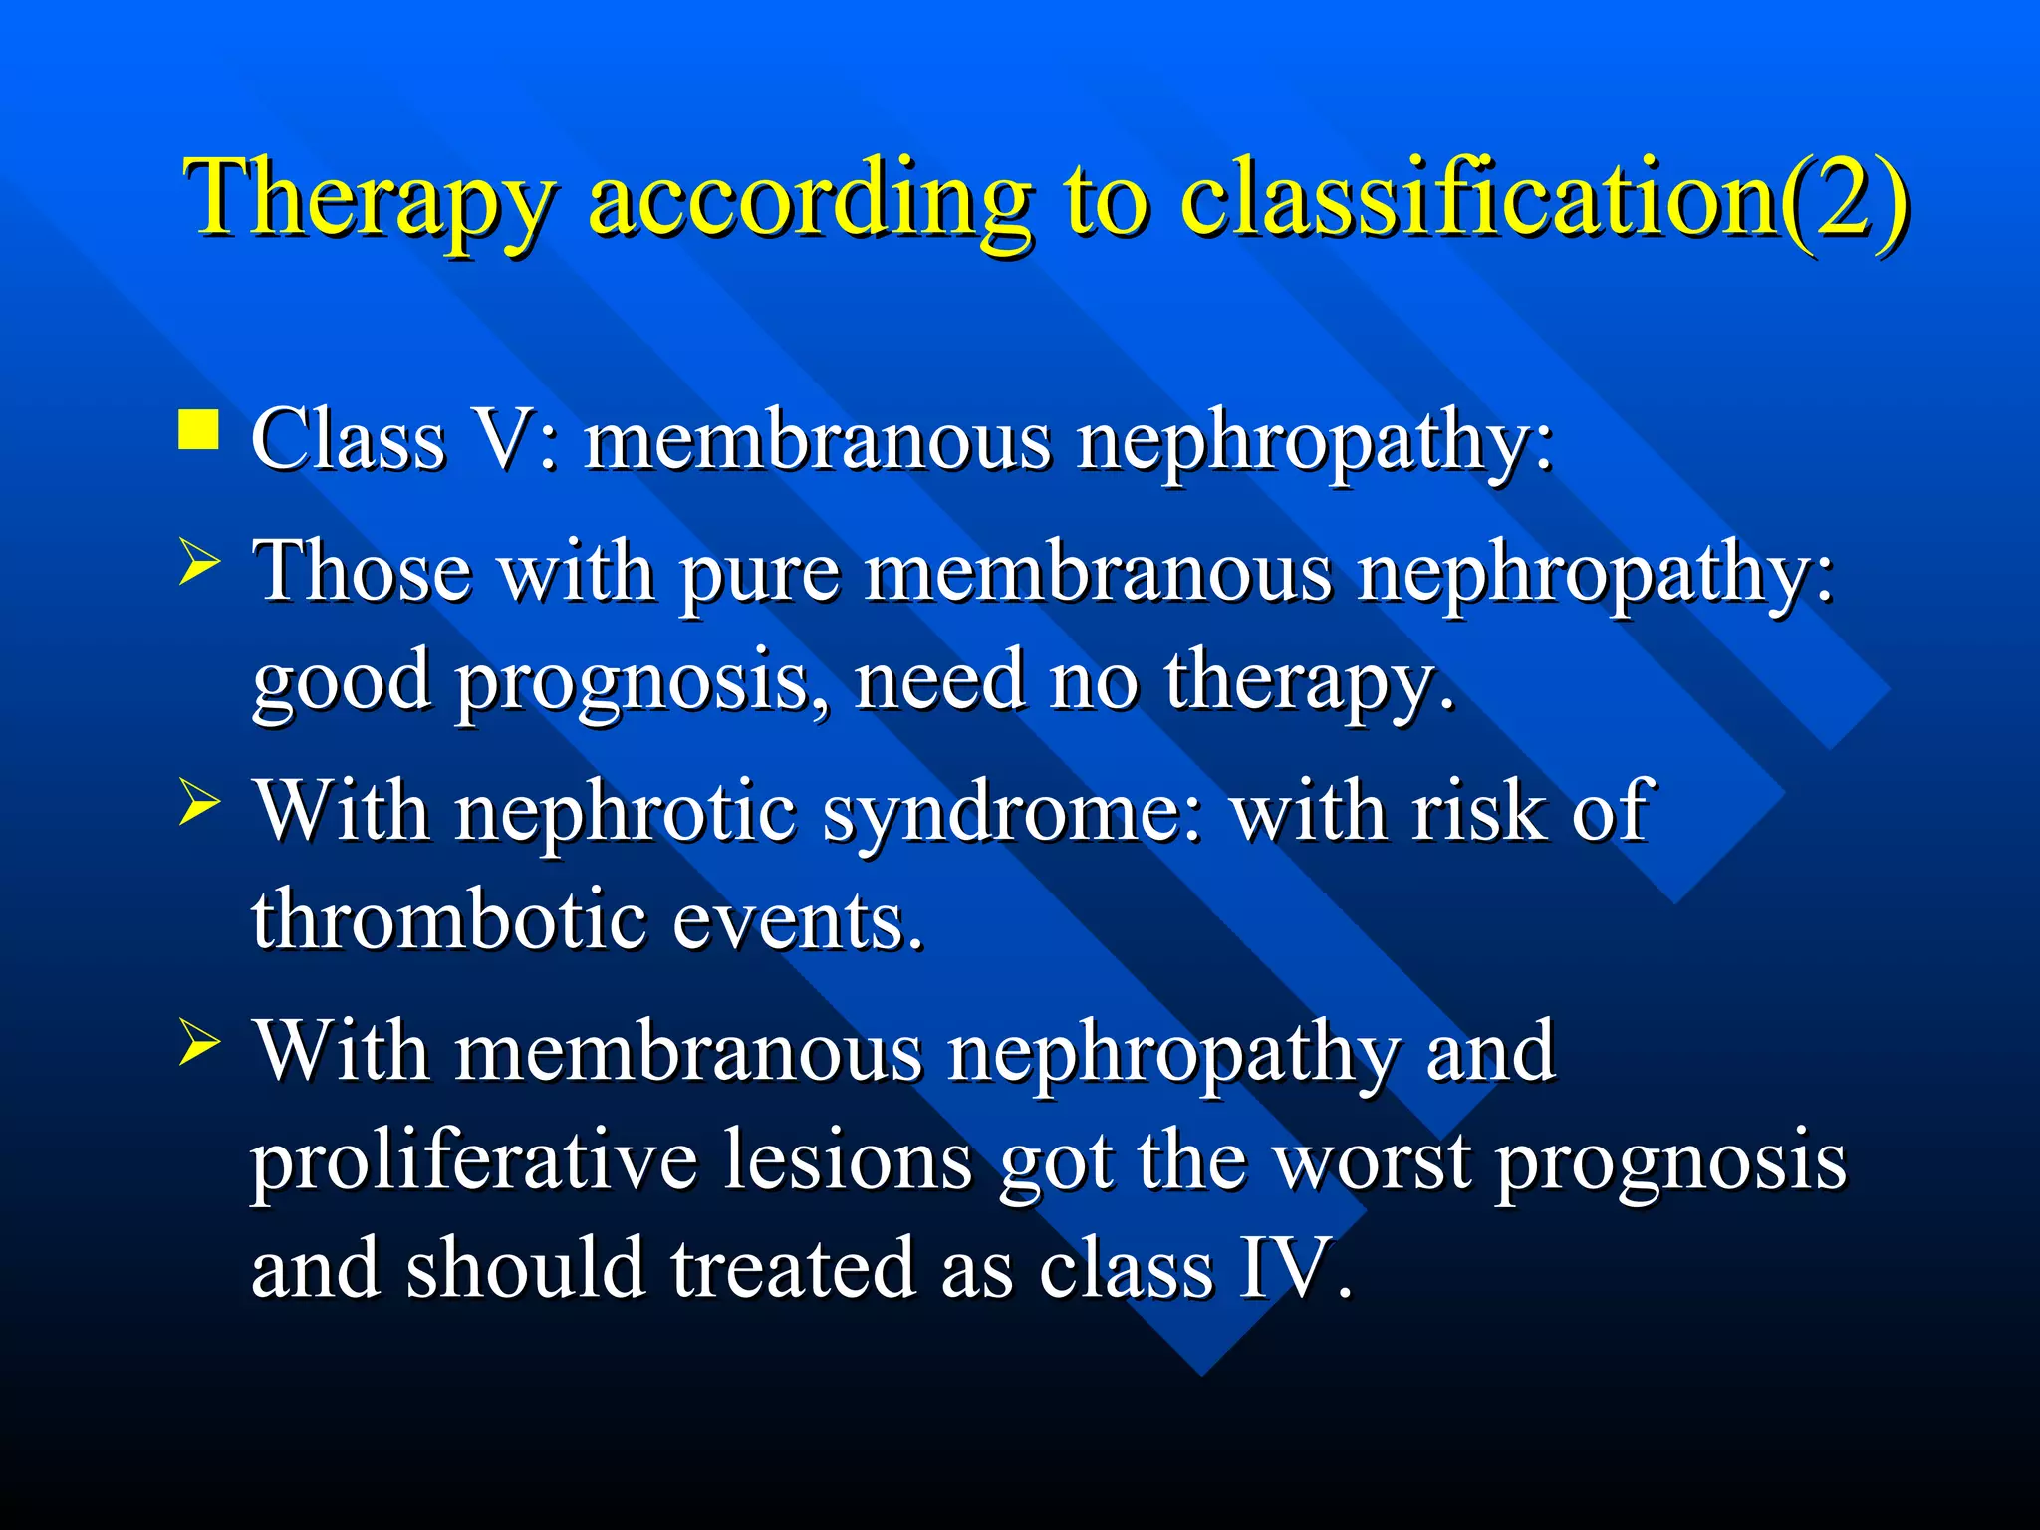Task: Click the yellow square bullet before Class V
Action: [x=198, y=431]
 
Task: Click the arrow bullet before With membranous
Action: [x=199, y=1047]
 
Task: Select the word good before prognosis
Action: [x=341, y=683]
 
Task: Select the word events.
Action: [x=798, y=920]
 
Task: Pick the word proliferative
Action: [x=474, y=1161]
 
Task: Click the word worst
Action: [x=1374, y=1161]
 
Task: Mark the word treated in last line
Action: [x=793, y=1269]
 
